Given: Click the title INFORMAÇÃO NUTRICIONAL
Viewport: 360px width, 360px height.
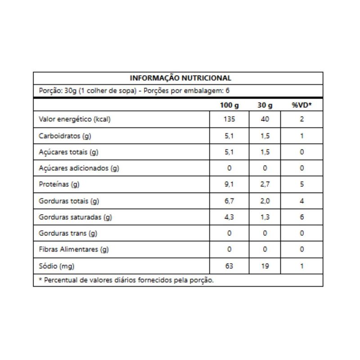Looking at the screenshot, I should (x=180, y=78).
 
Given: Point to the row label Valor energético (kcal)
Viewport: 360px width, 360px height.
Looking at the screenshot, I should (x=75, y=120).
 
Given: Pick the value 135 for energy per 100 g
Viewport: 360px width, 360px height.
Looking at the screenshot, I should (x=229, y=120).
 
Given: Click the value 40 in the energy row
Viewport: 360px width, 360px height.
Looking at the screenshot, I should (x=265, y=120).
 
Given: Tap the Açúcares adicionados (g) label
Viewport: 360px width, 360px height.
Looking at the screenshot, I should (x=79, y=168).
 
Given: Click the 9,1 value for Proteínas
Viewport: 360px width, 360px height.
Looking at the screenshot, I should (x=229, y=184).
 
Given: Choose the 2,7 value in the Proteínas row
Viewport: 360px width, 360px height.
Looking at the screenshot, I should (x=265, y=184).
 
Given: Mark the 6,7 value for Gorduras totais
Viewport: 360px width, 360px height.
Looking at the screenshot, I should (x=229, y=201).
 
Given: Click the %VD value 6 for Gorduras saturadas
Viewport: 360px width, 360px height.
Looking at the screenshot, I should (x=301, y=217).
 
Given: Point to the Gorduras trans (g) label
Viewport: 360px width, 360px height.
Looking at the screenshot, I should (x=68, y=234).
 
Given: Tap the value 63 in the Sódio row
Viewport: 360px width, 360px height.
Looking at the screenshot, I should (x=229, y=266).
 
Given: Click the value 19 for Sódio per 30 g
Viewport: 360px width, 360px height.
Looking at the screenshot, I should (x=265, y=266).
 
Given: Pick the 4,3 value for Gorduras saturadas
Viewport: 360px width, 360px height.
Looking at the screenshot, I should (x=229, y=217).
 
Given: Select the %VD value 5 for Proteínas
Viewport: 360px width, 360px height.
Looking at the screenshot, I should (x=301, y=184).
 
